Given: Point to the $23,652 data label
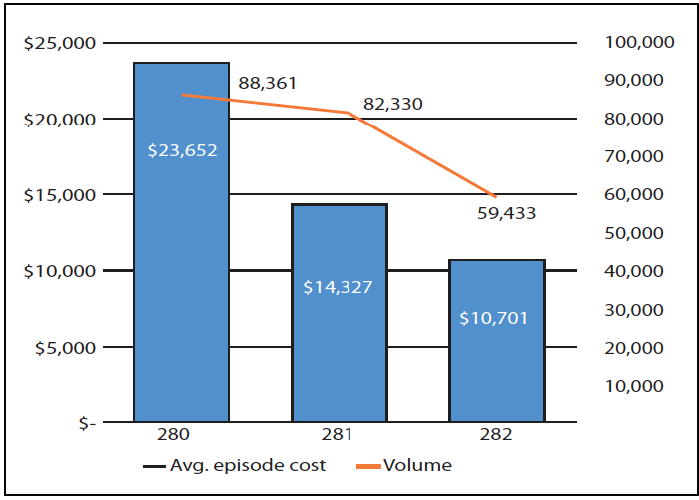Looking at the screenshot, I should [x=182, y=151].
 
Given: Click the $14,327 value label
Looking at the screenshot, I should [x=339, y=287].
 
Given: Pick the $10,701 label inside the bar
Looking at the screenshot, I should [x=494, y=319].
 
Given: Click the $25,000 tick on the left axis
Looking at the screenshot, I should [x=59, y=43].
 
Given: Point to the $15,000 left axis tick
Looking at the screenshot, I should [x=59, y=195].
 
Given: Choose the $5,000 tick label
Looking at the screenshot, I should [x=63, y=348].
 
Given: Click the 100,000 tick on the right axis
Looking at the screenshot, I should [x=639, y=43].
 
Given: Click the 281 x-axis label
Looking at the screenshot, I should [x=339, y=435].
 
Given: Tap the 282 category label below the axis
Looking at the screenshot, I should [x=496, y=435].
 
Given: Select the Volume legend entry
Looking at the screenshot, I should [x=410, y=465].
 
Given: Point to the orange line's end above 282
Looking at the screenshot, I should [x=495, y=195].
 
